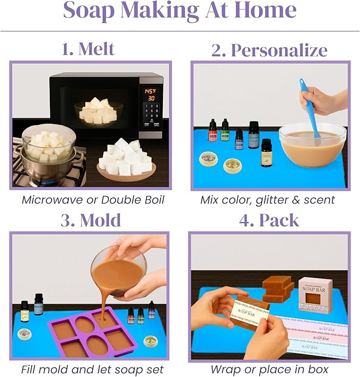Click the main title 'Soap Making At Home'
(x=179, y=12)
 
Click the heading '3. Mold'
(x=90, y=220)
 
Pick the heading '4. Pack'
(x=269, y=220)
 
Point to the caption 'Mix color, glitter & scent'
(x=268, y=200)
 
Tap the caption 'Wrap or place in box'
(x=269, y=369)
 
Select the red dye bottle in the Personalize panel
(x=213, y=130)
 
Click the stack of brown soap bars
(x=278, y=287)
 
